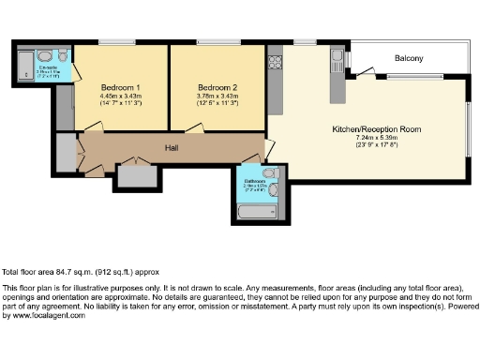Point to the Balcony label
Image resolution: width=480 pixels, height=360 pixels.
click(x=408, y=59)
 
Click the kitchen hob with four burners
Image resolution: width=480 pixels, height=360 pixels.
click(x=276, y=64)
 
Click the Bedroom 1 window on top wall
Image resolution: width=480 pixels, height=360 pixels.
click(x=118, y=41)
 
